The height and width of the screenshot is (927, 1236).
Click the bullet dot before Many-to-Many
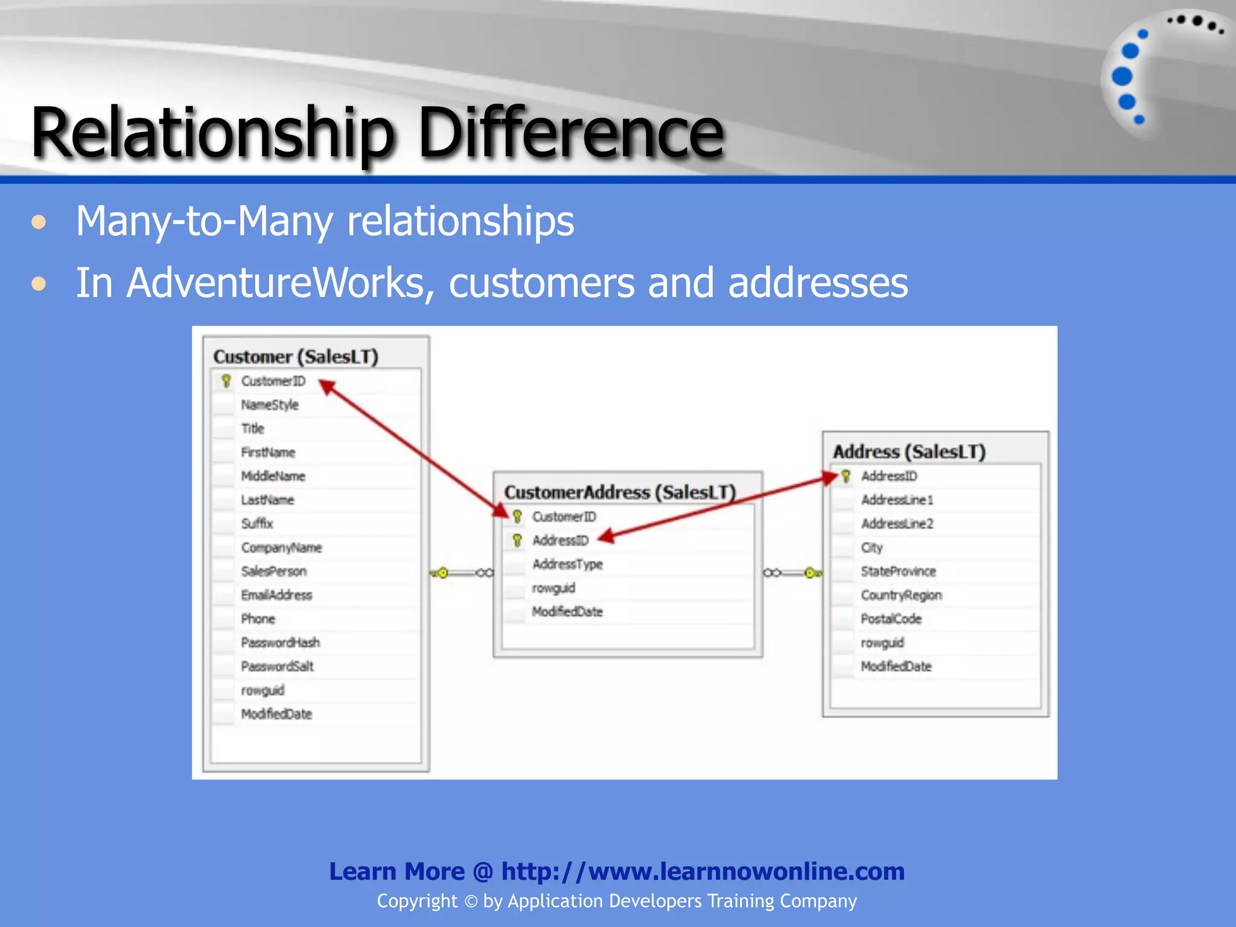tap(39, 222)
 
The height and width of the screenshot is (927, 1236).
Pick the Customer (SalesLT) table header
tap(296, 357)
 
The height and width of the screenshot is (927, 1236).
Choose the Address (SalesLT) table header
tap(909, 451)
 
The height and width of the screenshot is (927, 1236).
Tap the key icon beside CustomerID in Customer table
tap(226, 381)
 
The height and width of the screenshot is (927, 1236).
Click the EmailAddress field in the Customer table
tap(276, 595)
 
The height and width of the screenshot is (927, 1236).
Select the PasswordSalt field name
tap(277, 666)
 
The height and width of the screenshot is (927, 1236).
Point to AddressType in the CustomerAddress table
tap(567, 564)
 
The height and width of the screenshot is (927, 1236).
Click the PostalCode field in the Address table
tap(891, 619)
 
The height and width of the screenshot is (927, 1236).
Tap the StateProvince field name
tap(898, 571)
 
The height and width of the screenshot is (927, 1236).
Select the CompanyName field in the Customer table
tap(281, 547)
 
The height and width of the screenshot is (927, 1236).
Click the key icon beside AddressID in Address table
tap(846, 476)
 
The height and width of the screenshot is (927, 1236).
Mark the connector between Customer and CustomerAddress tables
tap(462, 573)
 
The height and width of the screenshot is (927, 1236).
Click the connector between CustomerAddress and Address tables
tap(792, 573)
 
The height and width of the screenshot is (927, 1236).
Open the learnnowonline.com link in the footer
tap(702, 871)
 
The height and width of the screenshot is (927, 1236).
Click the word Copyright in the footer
tap(417, 901)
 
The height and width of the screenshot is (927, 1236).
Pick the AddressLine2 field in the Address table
tap(897, 524)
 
